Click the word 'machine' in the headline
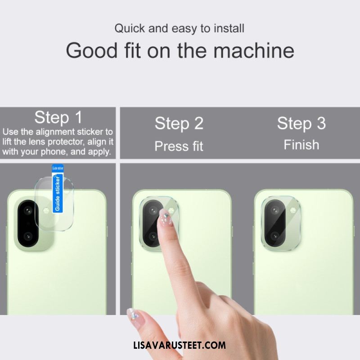[254, 50]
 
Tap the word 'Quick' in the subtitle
[130, 29]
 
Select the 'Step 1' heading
[58, 117]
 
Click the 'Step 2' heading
[179, 123]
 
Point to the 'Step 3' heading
[301, 123]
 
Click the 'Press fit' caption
[179, 146]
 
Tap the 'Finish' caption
[301, 145]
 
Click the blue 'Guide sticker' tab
[58, 189]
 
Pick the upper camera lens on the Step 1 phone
[28, 210]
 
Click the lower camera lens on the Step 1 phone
[28, 236]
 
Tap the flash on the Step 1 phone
[46, 210]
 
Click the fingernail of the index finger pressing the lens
[166, 217]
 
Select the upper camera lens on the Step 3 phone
[274, 210]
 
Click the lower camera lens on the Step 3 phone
[274, 235]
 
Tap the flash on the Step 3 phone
[293, 210]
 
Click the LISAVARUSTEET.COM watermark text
[180, 345]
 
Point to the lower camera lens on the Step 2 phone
[153, 236]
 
